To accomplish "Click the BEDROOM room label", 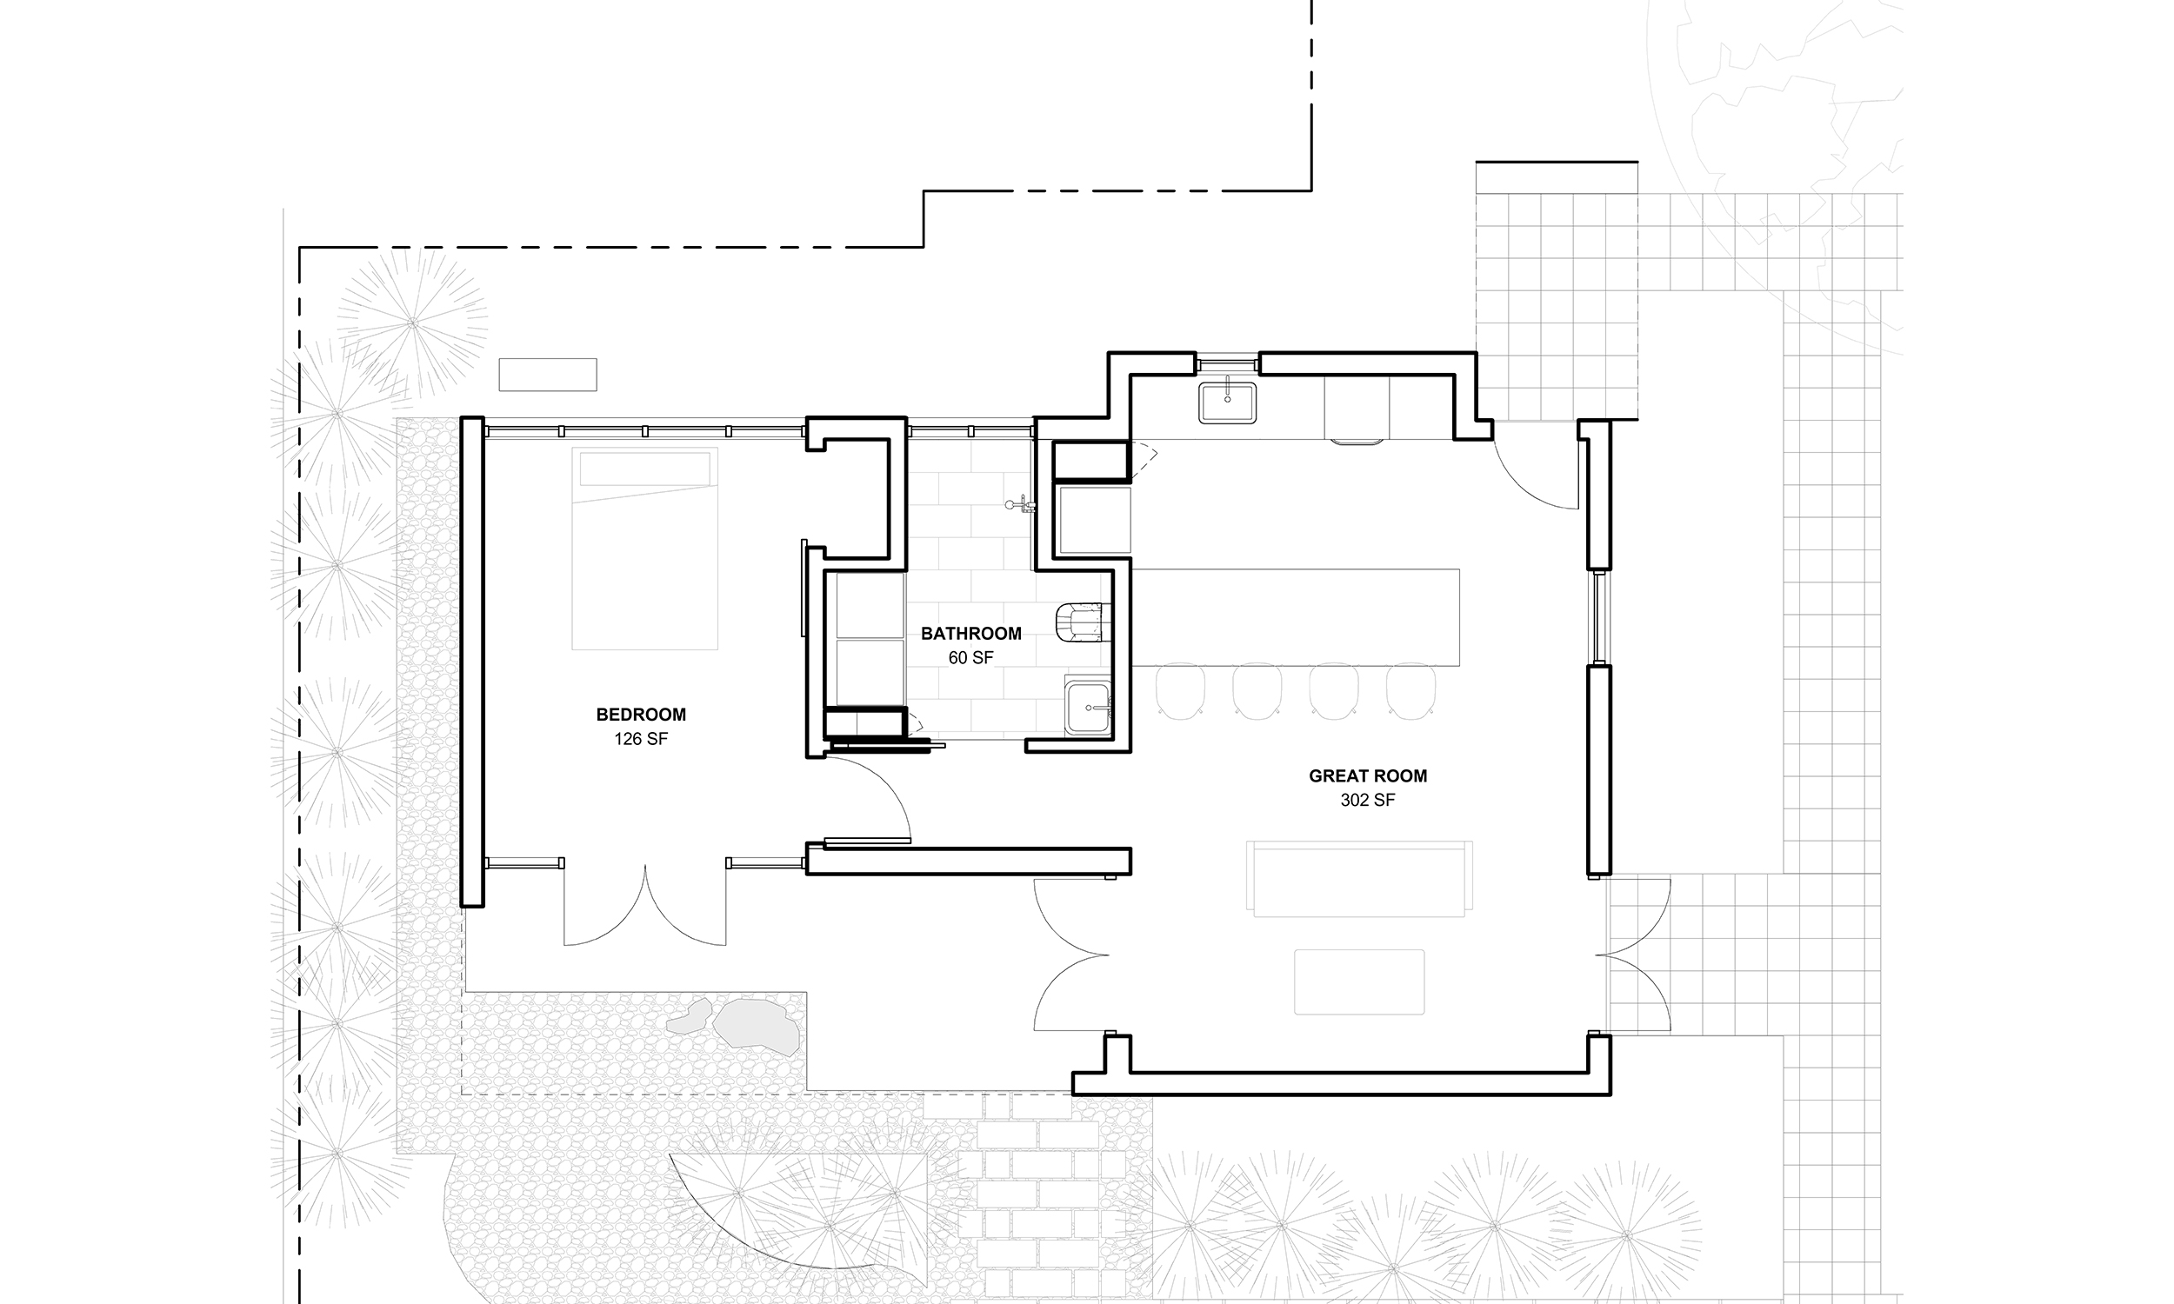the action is coord(641,715).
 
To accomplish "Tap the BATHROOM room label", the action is coord(971,633).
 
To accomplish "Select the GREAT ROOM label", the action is coord(1367,776).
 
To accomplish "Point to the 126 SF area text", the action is coord(641,739).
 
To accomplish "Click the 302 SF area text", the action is coord(1367,800).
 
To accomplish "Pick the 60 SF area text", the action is coord(970,657).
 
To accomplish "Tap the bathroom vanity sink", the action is coord(1088,707).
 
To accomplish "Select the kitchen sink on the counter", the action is coord(1228,403).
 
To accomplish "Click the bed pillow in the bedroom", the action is coord(645,469).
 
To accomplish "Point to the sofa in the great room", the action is coord(1359,879).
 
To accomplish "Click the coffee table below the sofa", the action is coord(1359,981).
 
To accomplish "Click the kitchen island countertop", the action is coord(1295,617).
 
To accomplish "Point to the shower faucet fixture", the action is coord(1022,504).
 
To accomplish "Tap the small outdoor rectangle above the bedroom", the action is coord(548,375).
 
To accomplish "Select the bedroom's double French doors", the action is coord(645,905).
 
